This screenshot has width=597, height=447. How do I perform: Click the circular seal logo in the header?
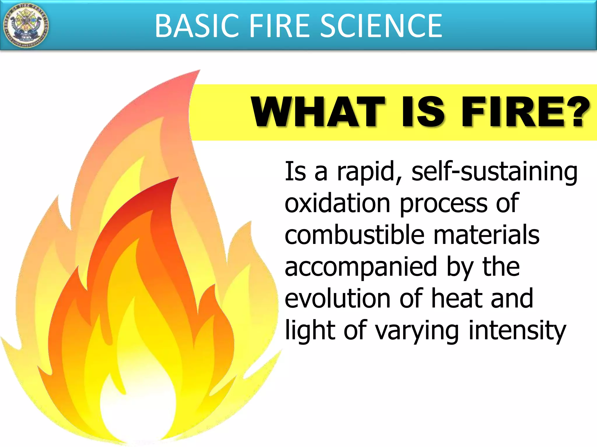click(26, 26)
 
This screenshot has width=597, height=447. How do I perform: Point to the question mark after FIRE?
click(576, 112)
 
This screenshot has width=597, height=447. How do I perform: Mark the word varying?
click(417, 331)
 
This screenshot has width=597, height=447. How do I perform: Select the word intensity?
click(517, 331)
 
